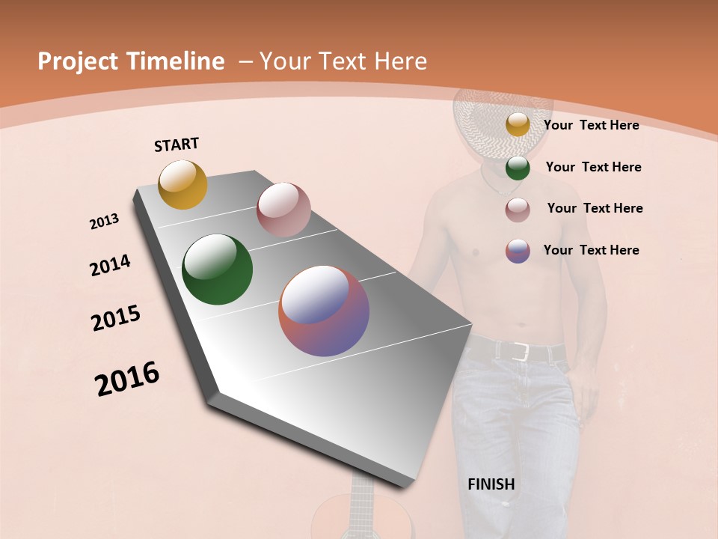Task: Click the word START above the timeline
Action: coord(177,144)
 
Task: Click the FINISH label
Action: coord(491,484)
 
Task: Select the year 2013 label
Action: coord(104,222)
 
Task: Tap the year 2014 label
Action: coord(110,266)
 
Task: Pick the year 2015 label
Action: coord(116,318)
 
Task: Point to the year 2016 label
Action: coord(127,379)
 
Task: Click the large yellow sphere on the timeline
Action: coord(182,184)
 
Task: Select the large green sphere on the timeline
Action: coord(217,269)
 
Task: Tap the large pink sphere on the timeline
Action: coord(283,209)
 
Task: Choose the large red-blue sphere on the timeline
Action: coord(324,311)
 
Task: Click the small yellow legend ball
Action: coord(518,125)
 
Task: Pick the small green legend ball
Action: coord(518,168)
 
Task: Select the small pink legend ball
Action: coord(518,210)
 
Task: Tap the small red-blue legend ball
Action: coord(518,251)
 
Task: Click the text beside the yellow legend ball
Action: coord(591,125)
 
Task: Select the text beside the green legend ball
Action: coord(593,167)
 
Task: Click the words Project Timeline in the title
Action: coord(131,61)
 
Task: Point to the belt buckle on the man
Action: coord(521,352)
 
